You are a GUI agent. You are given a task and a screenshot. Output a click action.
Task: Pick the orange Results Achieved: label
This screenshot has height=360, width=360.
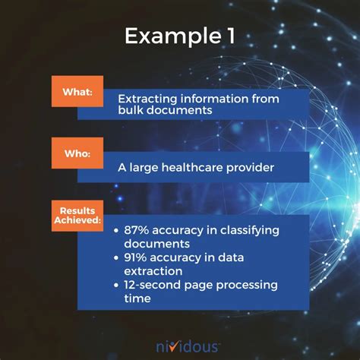tap(77, 213)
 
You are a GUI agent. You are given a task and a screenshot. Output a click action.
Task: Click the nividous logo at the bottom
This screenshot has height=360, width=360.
tap(181, 346)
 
